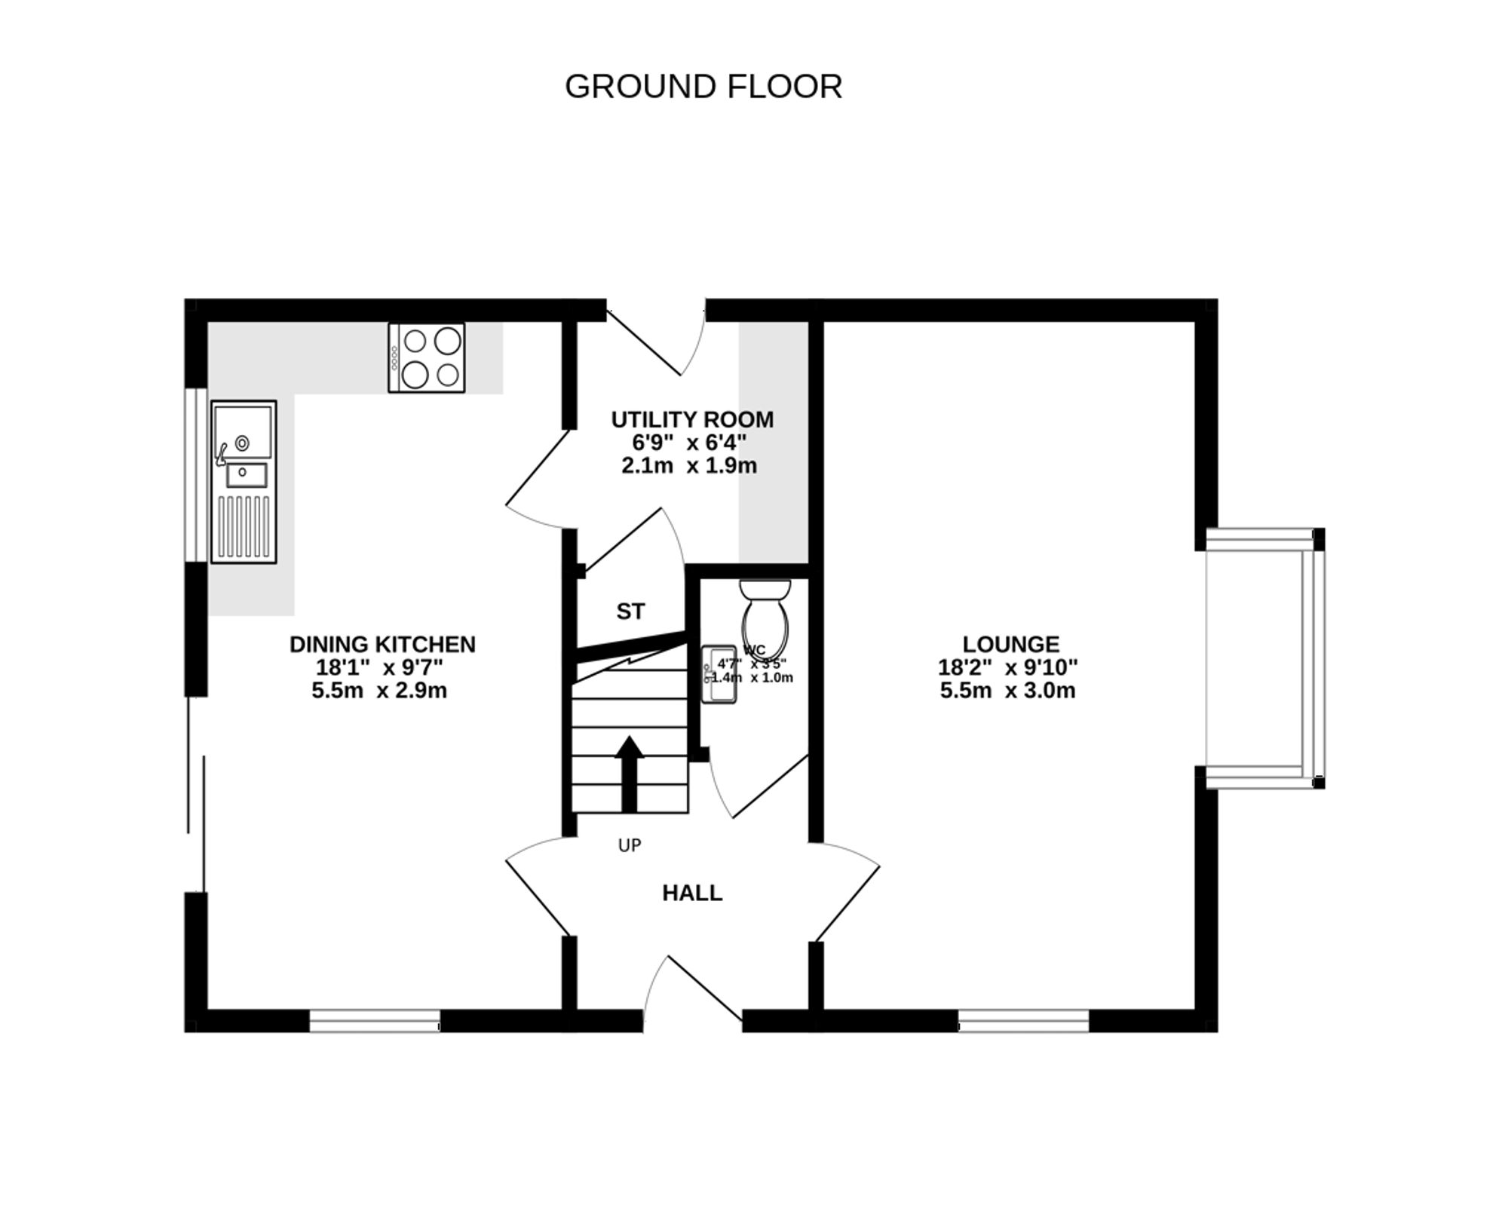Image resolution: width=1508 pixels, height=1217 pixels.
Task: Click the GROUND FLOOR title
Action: (x=703, y=87)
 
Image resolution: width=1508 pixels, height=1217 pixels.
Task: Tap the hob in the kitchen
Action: (x=426, y=357)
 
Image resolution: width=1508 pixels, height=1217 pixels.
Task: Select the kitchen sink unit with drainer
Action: (x=243, y=482)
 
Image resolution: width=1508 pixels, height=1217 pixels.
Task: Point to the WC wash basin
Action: (x=718, y=674)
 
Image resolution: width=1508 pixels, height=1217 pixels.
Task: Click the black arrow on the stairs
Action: (x=629, y=773)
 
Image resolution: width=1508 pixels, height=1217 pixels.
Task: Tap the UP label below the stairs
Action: (x=629, y=846)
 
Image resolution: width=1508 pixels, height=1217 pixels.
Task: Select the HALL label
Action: (x=691, y=893)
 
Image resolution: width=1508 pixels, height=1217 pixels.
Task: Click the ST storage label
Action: (x=630, y=612)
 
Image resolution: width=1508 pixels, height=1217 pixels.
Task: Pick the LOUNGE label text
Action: (x=1010, y=644)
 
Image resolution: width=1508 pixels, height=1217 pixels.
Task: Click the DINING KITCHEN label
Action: (x=382, y=644)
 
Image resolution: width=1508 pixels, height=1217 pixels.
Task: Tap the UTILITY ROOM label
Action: (x=691, y=419)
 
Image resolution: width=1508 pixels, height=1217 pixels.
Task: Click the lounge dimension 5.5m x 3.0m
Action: (x=1007, y=691)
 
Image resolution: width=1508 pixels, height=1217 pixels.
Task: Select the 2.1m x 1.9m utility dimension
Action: (x=688, y=466)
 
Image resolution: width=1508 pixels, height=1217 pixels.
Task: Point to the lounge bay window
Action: (x=1264, y=658)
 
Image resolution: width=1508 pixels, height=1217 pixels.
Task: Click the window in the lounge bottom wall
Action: (x=1023, y=1021)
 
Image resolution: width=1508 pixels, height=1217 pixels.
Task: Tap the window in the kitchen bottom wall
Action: (x=375, y=1021)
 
